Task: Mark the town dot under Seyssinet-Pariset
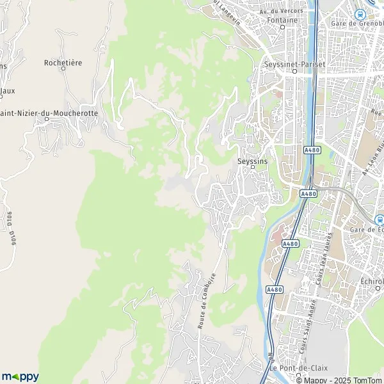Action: point(294,72)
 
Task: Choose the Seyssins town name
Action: point(251,161)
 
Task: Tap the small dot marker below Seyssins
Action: point(252,168)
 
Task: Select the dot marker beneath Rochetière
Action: point(65,70)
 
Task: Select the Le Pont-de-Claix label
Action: point(290,369)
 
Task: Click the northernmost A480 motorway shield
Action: point(310,148)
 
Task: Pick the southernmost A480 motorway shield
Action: point(274,289)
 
